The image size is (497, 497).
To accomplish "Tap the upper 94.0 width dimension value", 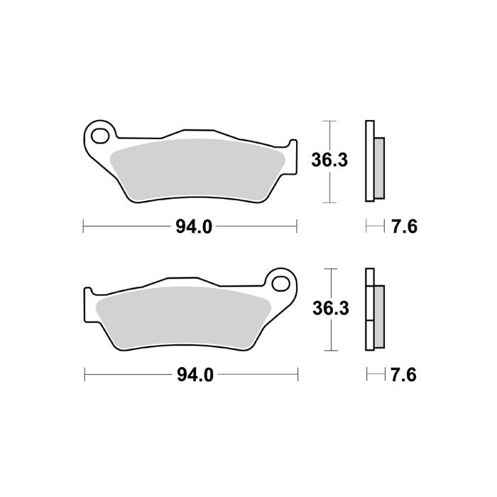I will tap(194, 227).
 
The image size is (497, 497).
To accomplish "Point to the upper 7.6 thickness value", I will tap(403, 227).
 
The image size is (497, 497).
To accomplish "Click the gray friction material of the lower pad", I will tap(185, 316).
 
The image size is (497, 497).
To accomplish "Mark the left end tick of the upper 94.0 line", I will tap(84, 227).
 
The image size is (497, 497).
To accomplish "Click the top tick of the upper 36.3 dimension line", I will tap(328, 121).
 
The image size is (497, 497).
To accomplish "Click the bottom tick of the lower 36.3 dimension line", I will tap(328, 351).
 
